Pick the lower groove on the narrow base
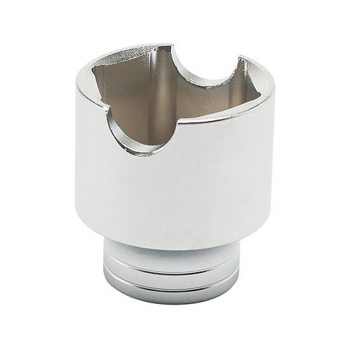(x=173, y=289)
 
